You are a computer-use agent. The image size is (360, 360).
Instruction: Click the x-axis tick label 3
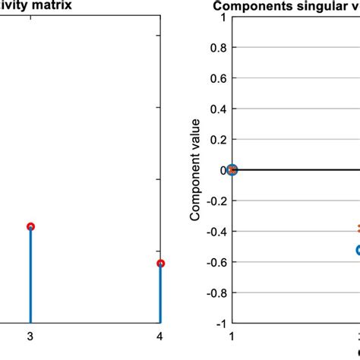pyautogui.click(x=30, y=336)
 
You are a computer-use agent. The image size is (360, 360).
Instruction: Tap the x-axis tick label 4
pyautogui.click(x=159, y=336)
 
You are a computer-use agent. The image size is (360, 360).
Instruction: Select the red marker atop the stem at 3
pyautogui.click(x=30, y=226)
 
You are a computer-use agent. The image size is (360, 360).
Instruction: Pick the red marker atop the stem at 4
pyautogui.click(x=160, y=264)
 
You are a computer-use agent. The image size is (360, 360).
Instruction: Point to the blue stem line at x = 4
pyautogui.click(x=160, y=296)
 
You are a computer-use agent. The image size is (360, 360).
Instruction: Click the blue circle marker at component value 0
pyautogui.click(x=232, y=170)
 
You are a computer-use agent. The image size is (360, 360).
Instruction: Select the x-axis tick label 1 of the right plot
pyautogui.click(x=232, y=336)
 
